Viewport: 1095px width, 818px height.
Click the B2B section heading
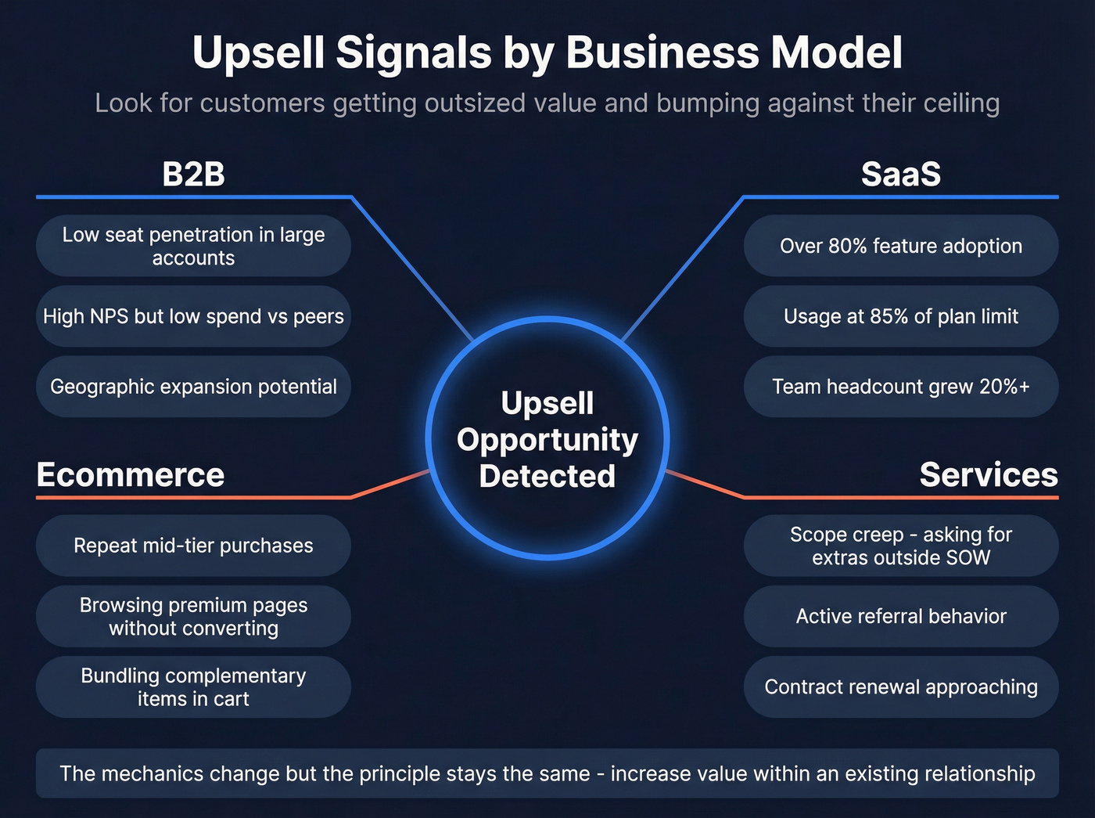pyautogui.click(x=193, y=174)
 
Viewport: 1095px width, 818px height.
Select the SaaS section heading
pyautogui.click(x=900, y=174)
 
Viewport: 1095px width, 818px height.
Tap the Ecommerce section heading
pyautogui.click(x=131, y=474)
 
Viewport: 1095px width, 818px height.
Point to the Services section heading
pyautogui.click(x=988, y=474)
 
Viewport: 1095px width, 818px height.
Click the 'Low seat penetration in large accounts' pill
pyautogui.click(x=193, y=246)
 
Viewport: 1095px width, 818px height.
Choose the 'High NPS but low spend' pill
pyautogui.click(x=193, y=316)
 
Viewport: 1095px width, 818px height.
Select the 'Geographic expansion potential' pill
pyautogui.click(x=193, y=387)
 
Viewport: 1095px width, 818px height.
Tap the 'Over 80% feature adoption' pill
pyautogui.click(x=900, y=246)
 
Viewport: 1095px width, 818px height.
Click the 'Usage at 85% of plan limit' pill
pyautogui.click(x=900, y=316)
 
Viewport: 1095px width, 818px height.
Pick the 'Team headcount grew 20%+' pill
pyautogui.click(x=900, y=387)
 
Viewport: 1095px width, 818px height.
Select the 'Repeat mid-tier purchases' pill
pyautogui.click(x=193, y=546)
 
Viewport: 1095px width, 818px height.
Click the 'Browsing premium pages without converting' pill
pyautogui.click(x=193, y=616)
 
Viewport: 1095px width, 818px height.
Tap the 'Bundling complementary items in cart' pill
pyautogui.click(x=193, y=686)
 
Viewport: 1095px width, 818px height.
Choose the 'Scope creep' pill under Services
pyautogui.click(x=900, y=546)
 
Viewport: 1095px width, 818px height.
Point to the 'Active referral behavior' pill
pyautogui.click(x=900, y=616)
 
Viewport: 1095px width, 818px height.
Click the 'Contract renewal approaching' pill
pyautogui.click(x=900, y=686)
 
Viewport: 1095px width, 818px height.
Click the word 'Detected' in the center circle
pyautogui.click(x=547, y=476)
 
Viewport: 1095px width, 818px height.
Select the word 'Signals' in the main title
pyautogui.click(x=414, y=53)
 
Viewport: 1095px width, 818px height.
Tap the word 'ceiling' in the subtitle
pyautogui.click(x=960, y=103)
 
